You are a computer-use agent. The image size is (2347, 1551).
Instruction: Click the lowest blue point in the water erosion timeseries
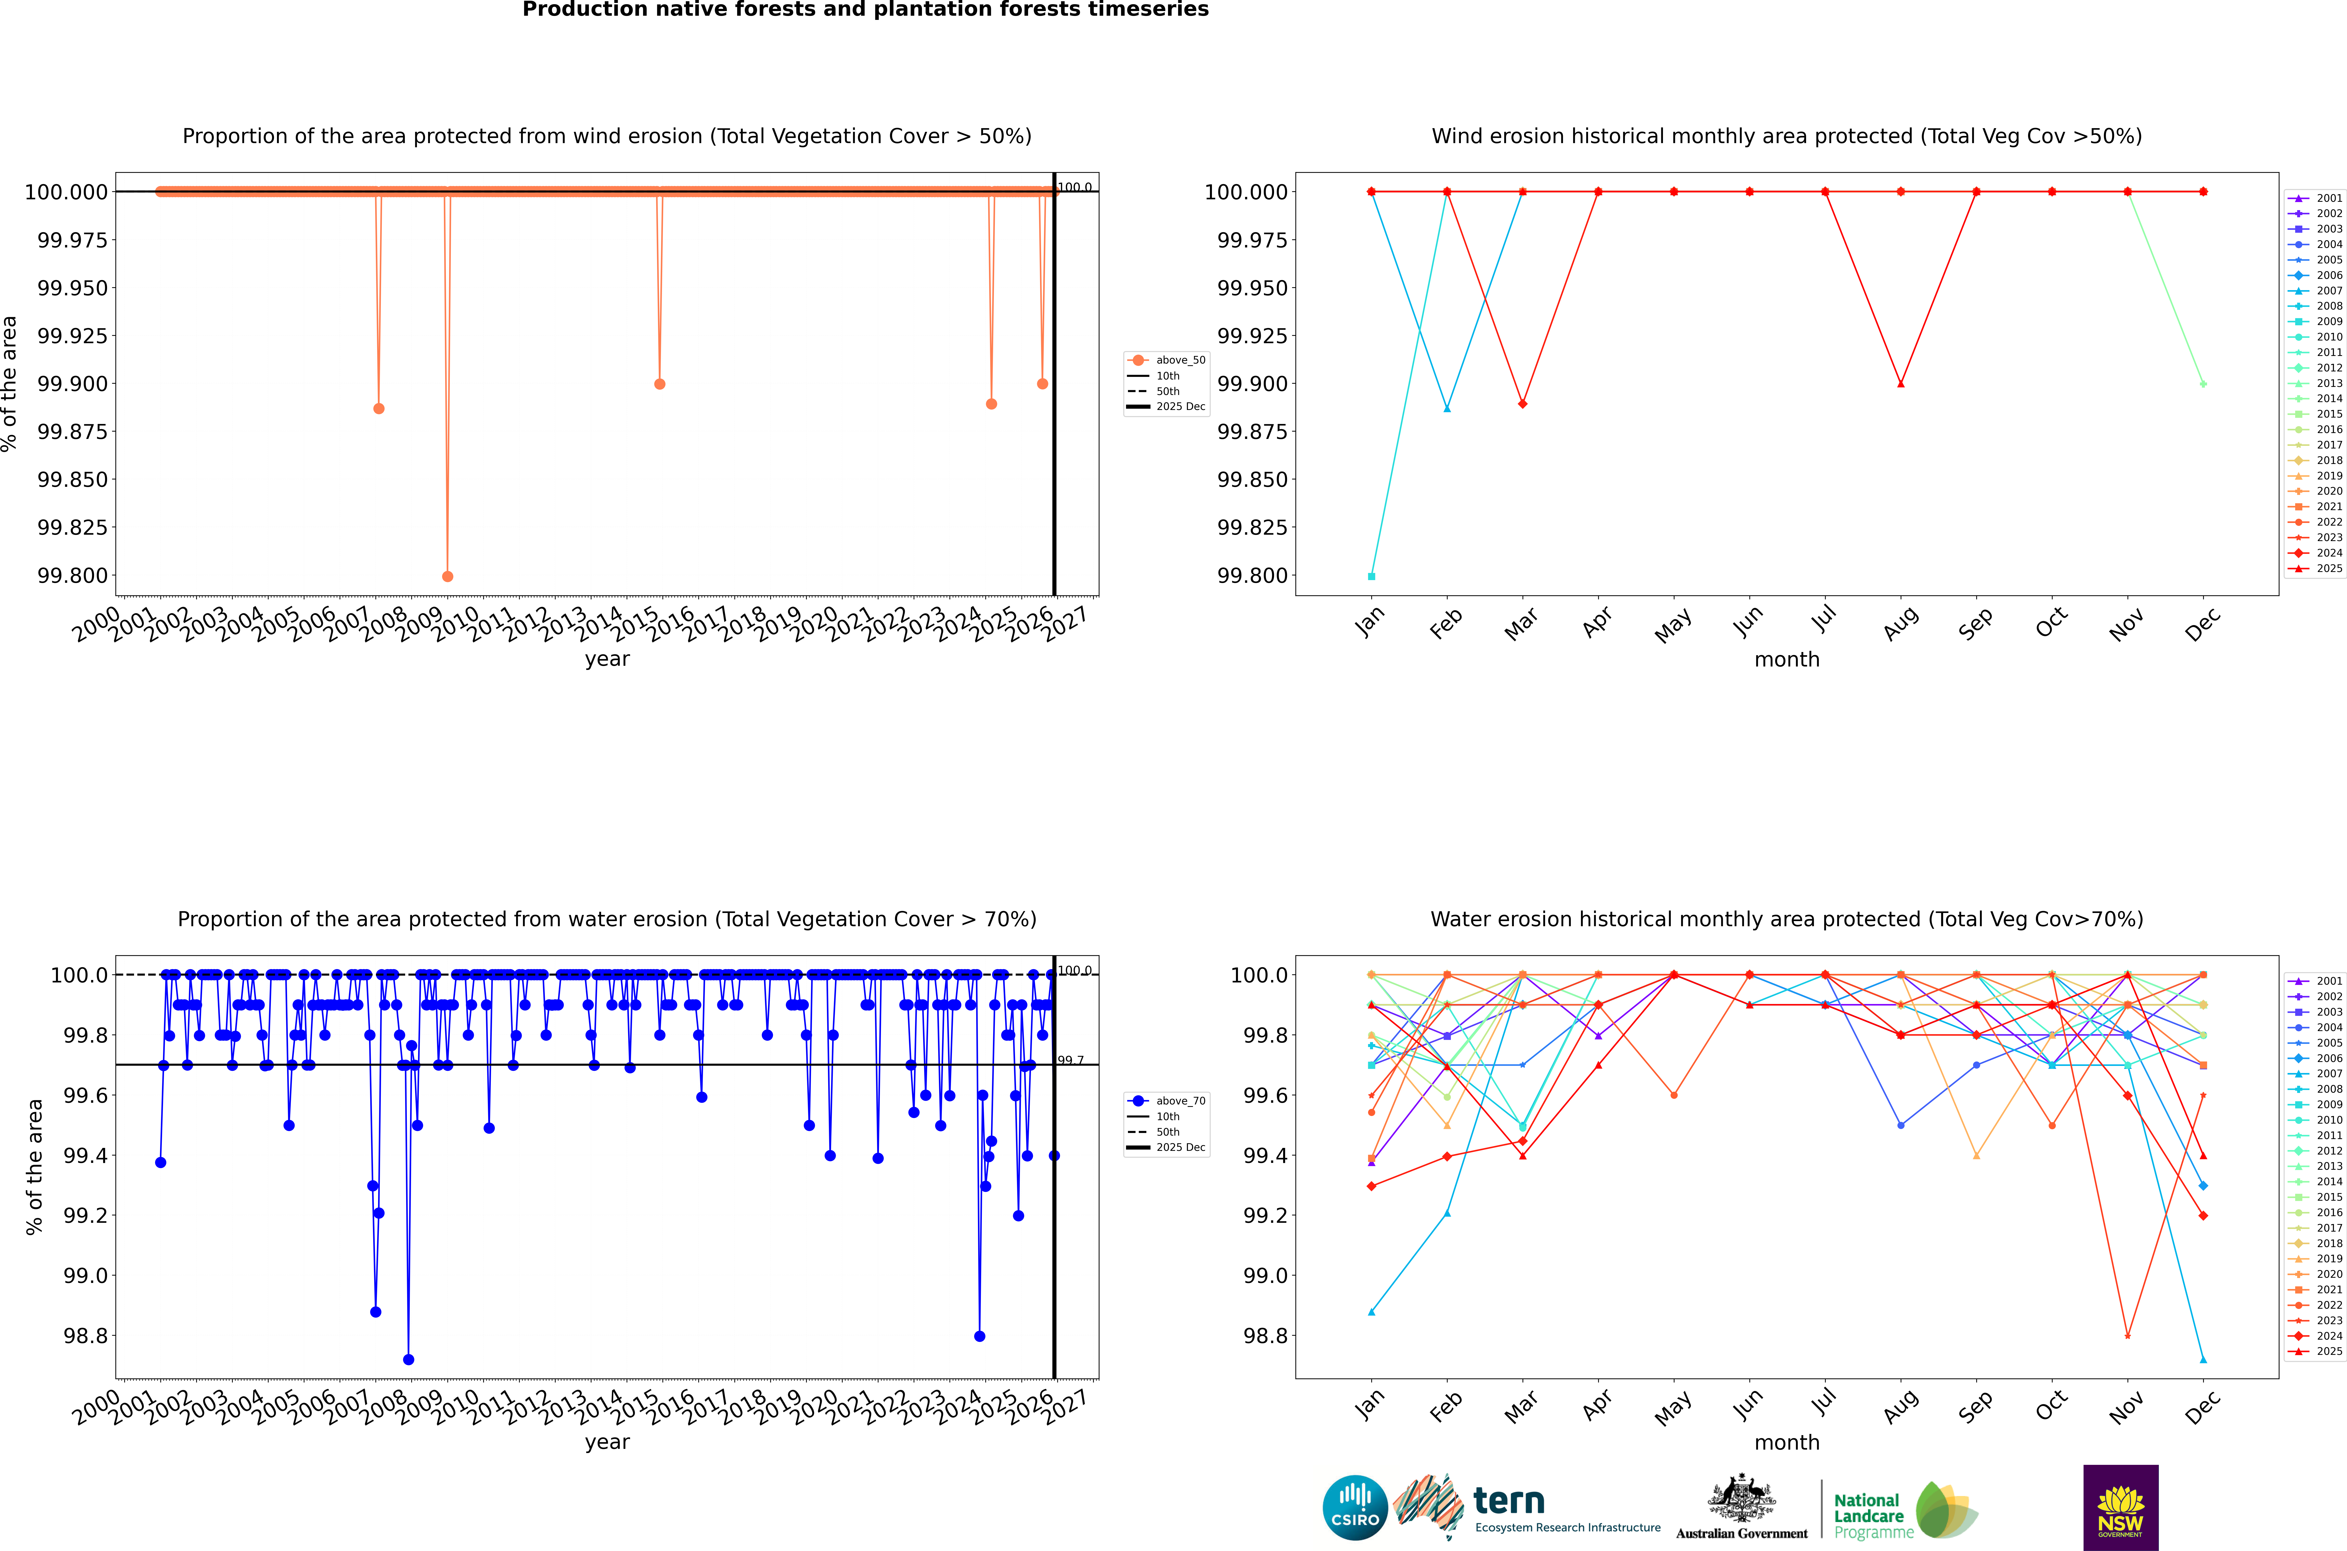point(409,1360)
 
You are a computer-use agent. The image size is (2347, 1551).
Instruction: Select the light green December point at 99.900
point(2203,384)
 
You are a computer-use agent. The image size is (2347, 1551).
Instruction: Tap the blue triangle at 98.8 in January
point(1372,1312)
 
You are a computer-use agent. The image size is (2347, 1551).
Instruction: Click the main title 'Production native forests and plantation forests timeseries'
point(865,10)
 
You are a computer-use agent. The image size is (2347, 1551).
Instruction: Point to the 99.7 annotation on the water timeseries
point(1070,1060)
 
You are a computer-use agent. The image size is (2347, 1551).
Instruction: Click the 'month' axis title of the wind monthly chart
point(1786,660)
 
